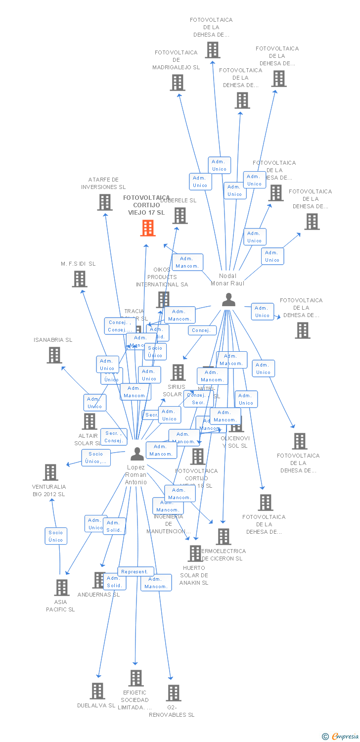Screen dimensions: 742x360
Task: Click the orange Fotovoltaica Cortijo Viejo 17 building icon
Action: pyautogui.click(x=147, y=228)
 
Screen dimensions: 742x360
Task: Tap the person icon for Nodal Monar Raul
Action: pyautogui.click(x=228, y=300)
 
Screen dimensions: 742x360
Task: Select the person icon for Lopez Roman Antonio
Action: pyautogui.click(x=137, y=453)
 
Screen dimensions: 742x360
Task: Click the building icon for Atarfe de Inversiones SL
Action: pyautogui.click(x=104, y=202)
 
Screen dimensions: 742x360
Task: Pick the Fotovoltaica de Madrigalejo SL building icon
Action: pyautogui.click(x=177, y=83)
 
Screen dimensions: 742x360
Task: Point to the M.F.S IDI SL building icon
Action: pyautogui.click(x=79, y=279)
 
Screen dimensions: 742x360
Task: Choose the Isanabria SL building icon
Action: pyautogui.click(x=54, y=355)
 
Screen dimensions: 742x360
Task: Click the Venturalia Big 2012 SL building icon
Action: pyautogui.click(x=50, y=472)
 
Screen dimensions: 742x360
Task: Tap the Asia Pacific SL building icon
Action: pyautogui.click(x=61, y=588)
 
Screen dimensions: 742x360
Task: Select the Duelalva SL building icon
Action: pyautogui.click(x=97, y=691)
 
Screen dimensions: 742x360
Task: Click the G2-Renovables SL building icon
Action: pyautogui.click(x=173, y=693)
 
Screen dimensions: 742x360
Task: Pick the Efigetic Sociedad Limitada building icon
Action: pyautogui.click(x=135, y=678)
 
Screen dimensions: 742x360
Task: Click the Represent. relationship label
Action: pyautogui.click(x=134, y=571)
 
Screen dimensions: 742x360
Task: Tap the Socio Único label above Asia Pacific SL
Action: pyautogui.click(x=56, y=536)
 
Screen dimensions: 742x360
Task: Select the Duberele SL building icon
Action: pyautogui.click(x=180, y=215)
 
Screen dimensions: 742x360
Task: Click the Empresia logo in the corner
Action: pyautogui.click(x=341, y=736)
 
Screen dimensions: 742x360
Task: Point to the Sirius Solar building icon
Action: pyautogui.click(x=178, y=372)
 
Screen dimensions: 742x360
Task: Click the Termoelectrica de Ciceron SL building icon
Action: pyautogui.click(x=224, y=536)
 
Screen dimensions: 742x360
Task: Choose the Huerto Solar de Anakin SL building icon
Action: pyautogui.click(x=195, y=553)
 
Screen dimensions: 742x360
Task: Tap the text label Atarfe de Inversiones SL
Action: pyautogui.click(x=103, y=184)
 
